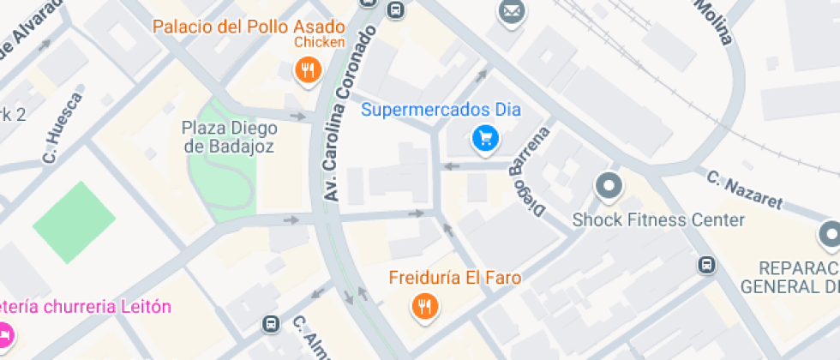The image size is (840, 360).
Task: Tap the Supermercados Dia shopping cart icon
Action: pyautogui.click(x=486, y=136)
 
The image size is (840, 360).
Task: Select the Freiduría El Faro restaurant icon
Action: pyautogui.click(x=423, y=305)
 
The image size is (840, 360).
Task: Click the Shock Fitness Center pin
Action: pyautogui.click(x=609, y=185)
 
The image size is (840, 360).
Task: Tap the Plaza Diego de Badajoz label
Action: pyautogui.click(x=230, y=137)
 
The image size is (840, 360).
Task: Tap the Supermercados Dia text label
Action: pyautogui.click(x=441, y=110)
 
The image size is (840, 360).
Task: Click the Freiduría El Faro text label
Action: pyautogui.click(x=454, y=279)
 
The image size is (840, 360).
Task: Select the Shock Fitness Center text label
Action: pyautogui.click(x=658, y=220)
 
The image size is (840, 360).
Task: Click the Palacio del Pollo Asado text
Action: pyautogui.click(x=249, y=26)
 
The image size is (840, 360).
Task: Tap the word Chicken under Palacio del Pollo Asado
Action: pyautogui.click(x=320, y=42)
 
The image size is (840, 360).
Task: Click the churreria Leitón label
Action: pyautogui.click(x=86, y=307)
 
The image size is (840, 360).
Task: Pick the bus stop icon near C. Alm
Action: pyautogui.click(x=271, y=324)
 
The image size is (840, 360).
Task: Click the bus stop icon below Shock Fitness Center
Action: pyautogui.click(x=707, y=265)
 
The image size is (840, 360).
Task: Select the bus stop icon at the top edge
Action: pyautogui.click(x=395, y=9)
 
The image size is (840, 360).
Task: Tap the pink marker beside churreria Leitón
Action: pyautogui.click(x=5, y=333)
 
